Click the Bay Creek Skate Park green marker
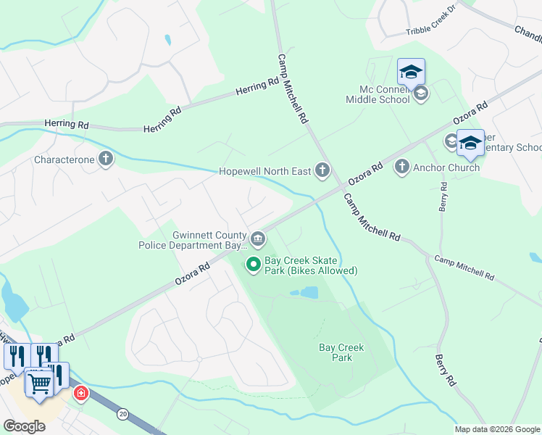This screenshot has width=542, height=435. pyautogui.click(x=254, y=265)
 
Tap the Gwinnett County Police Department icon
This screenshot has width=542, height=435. pyautogui.click(x=258, y=238)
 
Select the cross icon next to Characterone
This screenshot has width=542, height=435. pyautogui.click(x=106, y=159)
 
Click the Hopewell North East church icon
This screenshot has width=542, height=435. pyautogui.click(x=322, y=172)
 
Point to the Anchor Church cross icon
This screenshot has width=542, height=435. pyautogui.click(x=402, y=167)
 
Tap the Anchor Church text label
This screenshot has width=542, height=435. pyautogui.click(x=446, y=167)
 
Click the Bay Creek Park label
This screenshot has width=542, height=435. pyautogui.click(x=341, y=352)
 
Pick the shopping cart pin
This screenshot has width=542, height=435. pyautogui.click(x=39, y=381)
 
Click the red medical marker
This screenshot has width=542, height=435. pyautogui.click(x=81, y=394)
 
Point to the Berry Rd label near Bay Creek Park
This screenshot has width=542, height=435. pyautogui.click(x=446, y=370)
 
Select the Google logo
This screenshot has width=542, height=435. pyautogui.click(x=24, y=426)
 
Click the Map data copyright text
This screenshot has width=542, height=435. pyautogui.click(x=498, y=429)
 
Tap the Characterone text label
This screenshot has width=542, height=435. pyautogui.click(x=64, y=159)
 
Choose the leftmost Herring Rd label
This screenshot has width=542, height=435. pyautogui.click(x=66, y=125)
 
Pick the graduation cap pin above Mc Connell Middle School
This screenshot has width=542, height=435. pyautogui.click(x=411, y=72)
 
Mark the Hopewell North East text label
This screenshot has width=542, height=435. pyautogui.click(x=265, y=172)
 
